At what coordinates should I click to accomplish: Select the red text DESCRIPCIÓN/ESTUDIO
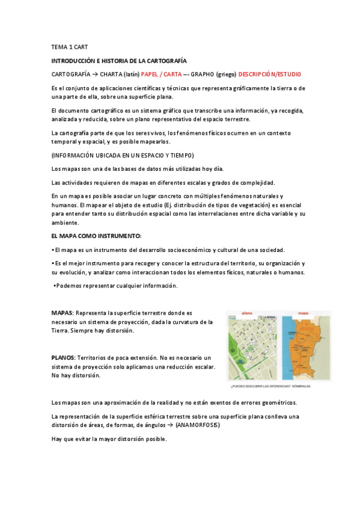point(269,74)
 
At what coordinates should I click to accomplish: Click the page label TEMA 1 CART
point(70,47)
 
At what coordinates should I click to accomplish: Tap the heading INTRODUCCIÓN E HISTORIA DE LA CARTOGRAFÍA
point(119,61)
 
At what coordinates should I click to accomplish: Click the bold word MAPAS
point(62,313)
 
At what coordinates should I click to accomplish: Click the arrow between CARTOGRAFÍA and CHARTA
point(95,74)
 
